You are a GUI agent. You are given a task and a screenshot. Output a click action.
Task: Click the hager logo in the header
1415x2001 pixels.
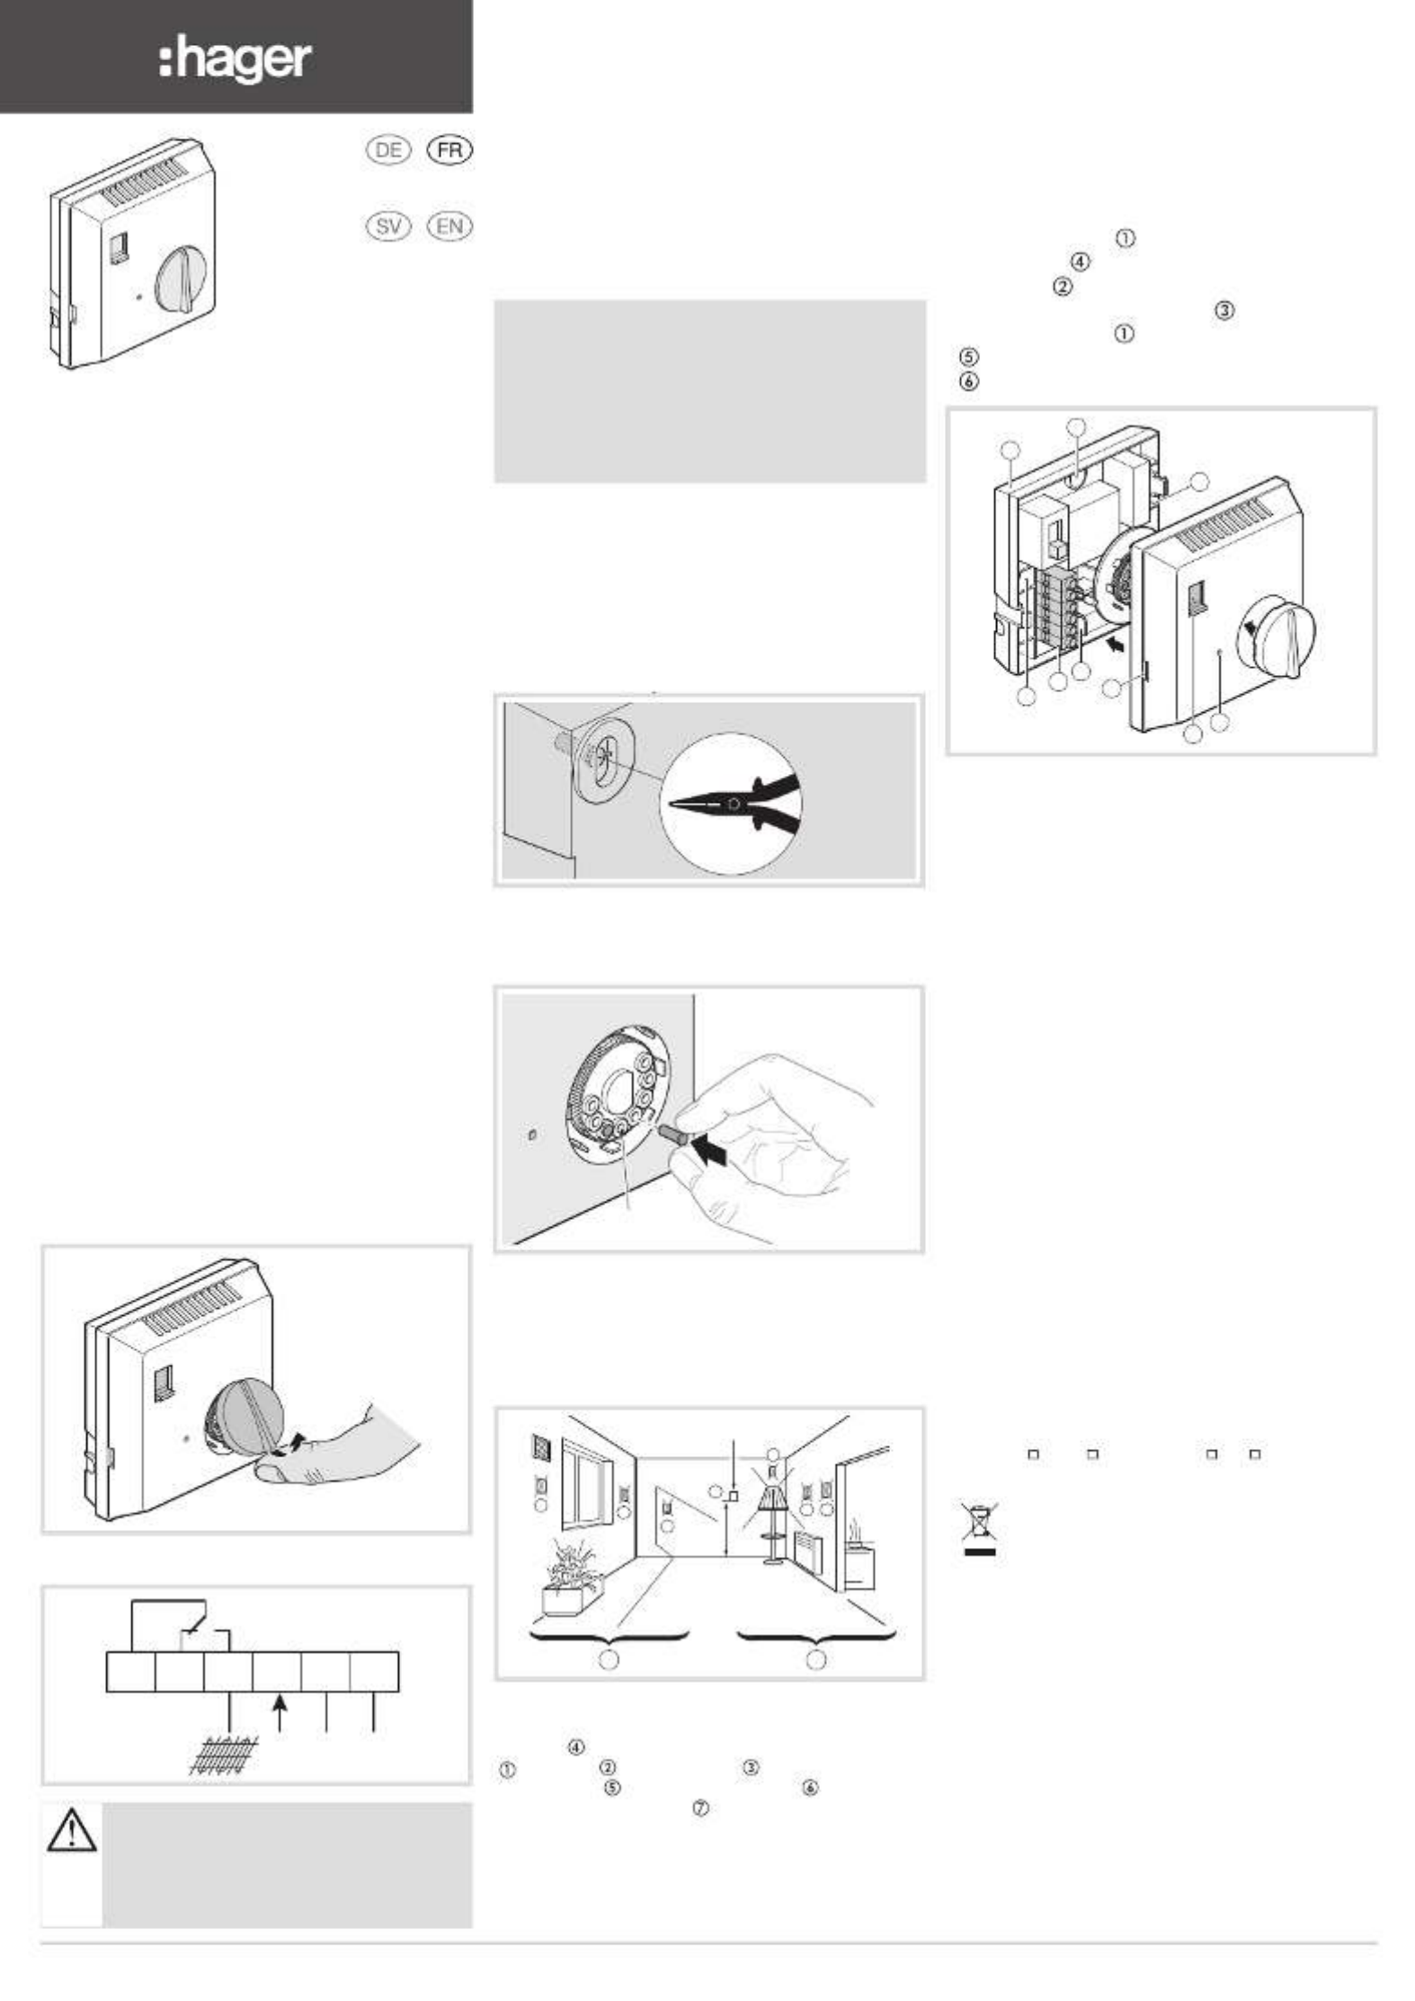(x=236, y=59)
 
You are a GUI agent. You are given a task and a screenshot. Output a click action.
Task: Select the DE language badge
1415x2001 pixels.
(x=387, y=150)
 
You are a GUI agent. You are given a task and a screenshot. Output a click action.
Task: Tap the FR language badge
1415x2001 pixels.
(x=449, y=150)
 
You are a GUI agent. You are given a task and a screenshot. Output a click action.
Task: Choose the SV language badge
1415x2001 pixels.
(x=387, y=226)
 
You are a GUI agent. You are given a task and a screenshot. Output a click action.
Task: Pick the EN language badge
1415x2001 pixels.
(x=449, y=226)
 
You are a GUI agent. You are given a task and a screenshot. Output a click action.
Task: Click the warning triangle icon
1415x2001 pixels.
(x=72, y=1829)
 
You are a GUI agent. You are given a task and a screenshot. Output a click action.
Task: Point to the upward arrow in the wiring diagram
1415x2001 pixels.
(x=281, y=1712)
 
